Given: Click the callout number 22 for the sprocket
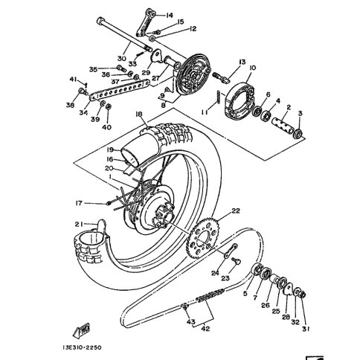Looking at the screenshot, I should (236, 211).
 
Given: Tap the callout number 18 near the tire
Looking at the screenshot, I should (138, 114).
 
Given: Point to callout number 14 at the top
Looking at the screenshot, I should (170, 15).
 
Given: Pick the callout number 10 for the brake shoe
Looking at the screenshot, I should (253, 68).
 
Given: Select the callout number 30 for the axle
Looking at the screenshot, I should (120, 57).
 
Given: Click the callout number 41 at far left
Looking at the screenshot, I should (73, 79).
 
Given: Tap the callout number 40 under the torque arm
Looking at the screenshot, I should (106, 127).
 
